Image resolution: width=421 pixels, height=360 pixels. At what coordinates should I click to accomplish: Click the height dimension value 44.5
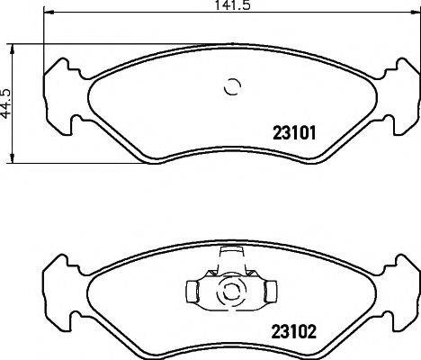point(7,103)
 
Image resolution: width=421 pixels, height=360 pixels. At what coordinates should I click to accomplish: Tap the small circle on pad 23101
point(232,87)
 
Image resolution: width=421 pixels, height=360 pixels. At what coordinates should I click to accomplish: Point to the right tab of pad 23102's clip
point(268,291)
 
